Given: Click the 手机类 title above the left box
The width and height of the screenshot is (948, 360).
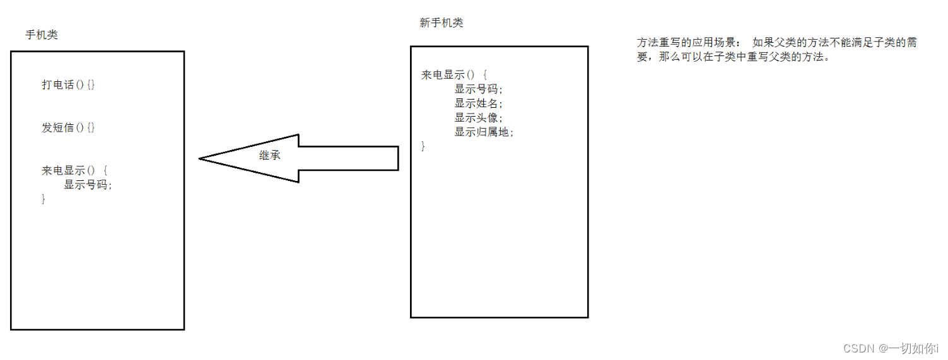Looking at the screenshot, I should click(x=42, y=35).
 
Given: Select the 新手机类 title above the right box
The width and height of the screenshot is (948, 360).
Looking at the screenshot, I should click(x=442, y=23).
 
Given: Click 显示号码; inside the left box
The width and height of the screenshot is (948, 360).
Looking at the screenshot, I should click(x=88, y=185).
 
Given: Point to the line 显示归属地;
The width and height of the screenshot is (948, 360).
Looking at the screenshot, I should click(x=484, y=132).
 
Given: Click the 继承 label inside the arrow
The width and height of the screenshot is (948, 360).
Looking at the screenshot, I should click(x=270, y=155).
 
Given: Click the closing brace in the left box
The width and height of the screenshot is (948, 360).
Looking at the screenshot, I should click(x=44, y=199).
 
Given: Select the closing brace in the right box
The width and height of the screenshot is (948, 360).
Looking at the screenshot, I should click(x=423, y=147).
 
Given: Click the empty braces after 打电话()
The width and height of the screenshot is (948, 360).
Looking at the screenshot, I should click(x=91, y=84).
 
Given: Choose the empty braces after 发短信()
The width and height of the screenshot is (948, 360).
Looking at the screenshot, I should click(x=91, y=127).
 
